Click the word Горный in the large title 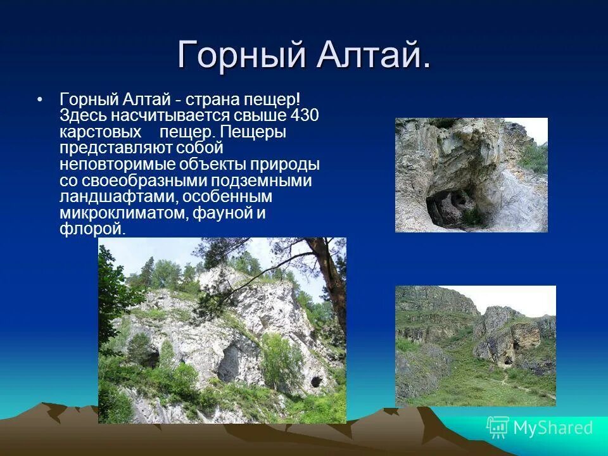click(237, 54)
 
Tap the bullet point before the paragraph click(41, 101)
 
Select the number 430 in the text click(304, 116)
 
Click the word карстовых click(100, 132)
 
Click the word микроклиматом click(121, 213)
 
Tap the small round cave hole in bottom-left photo click(316, 382)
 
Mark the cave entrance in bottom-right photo click(507, 360)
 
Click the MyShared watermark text click(553, 427)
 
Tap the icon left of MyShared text click(498, 427)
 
